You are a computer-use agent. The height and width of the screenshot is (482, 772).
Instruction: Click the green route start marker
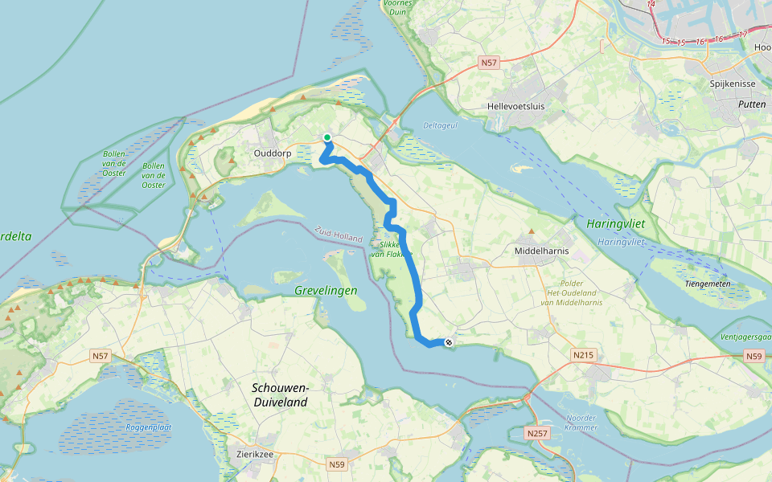pyautogui.click(x=327, y=137)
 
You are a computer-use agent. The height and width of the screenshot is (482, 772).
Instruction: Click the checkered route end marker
pyautogui.click(x=448, y=343)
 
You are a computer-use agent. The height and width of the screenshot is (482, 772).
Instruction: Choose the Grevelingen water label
pyautogui.click(x=326, y=290)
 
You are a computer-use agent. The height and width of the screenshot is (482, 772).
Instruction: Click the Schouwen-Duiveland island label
pyautogui.click(x=280, y=394)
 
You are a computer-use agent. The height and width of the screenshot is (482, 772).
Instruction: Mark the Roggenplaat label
pyautogui.click(x=146, y=427)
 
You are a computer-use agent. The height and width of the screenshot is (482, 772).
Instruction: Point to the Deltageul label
pyautogui.click(x=440, y=125)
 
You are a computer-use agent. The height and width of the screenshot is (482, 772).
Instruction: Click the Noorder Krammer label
pyautogui.click(x=581, y=423)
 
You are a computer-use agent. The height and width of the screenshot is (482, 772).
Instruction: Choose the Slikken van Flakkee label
pyautogui.click(x=391, y=248)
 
